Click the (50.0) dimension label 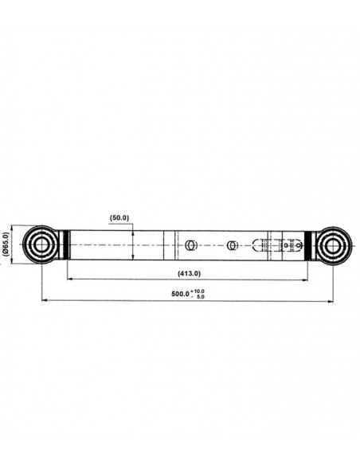point(119,217)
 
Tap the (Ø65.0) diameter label point(6,244)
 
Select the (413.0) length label point(190,273)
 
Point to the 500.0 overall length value point(180,294)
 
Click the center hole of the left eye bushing point(41,244)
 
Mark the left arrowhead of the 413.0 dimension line point(70,279)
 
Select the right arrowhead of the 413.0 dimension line point(305,279)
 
